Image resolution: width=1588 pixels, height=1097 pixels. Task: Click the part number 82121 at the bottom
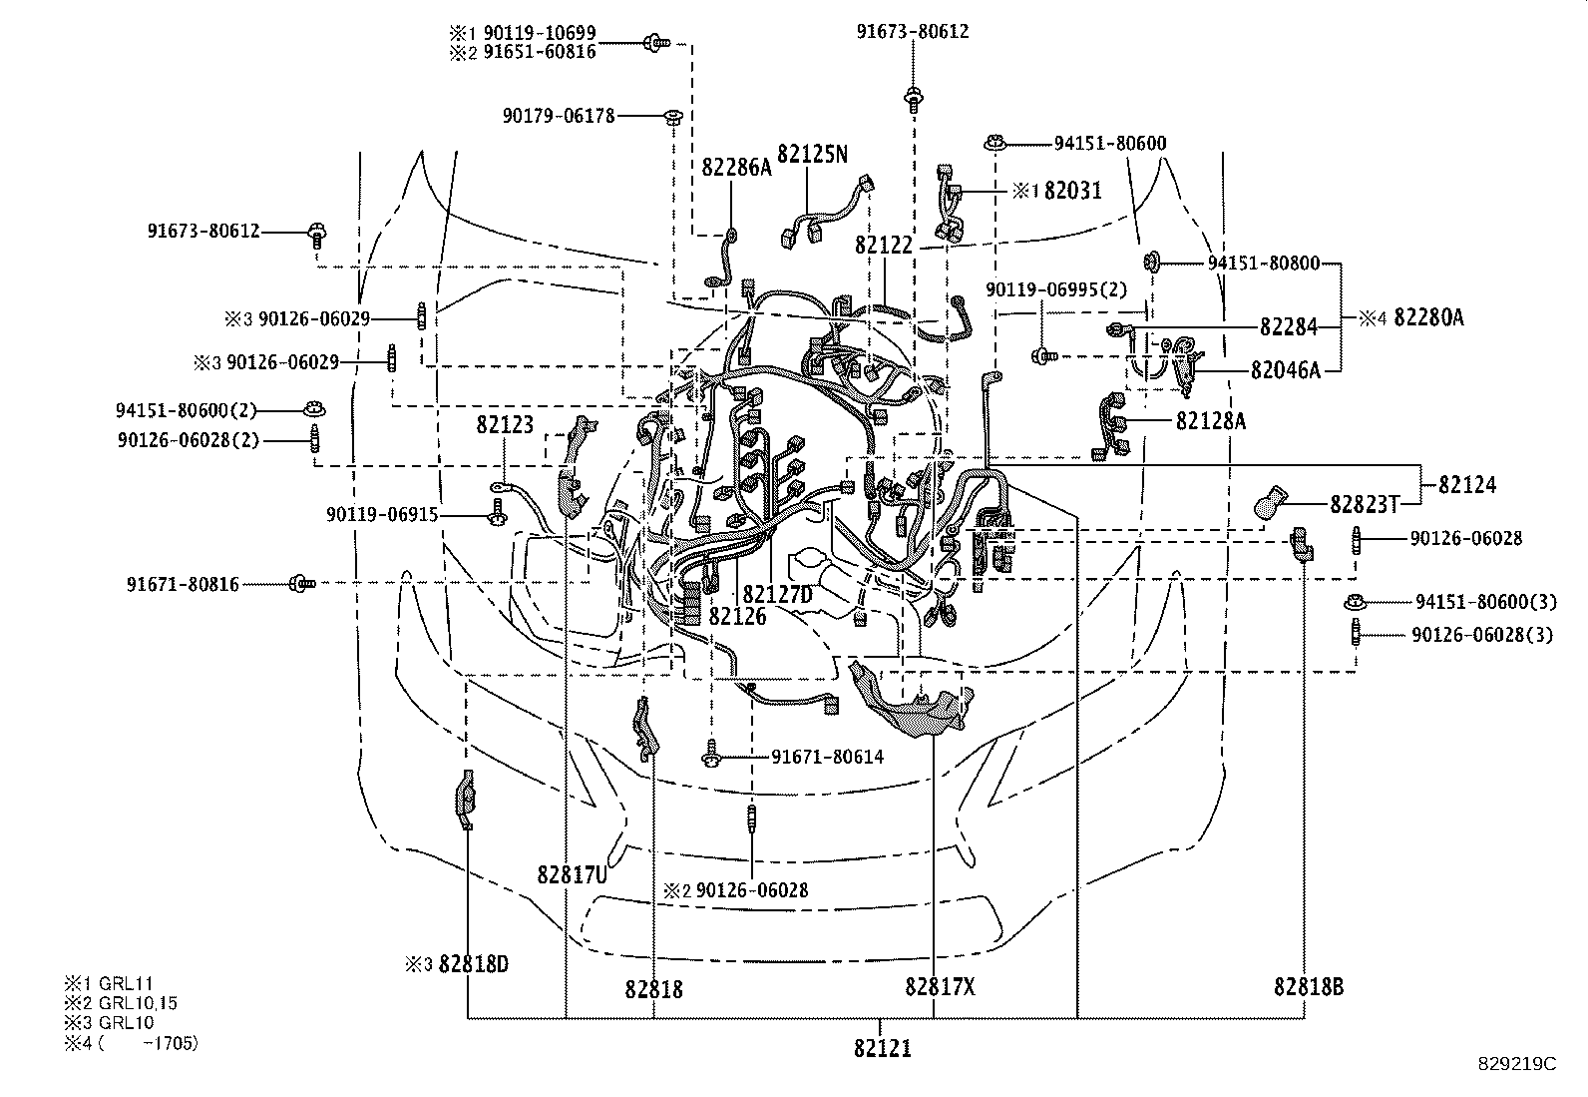tap(882, 1048)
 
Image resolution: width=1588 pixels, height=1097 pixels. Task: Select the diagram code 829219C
tap(1516, 1064)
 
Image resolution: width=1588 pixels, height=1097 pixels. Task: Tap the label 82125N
tap(812, 154)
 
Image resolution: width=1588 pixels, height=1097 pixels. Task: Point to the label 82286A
tap(736, 168)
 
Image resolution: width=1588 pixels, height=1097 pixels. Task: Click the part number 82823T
tap(1365, 504)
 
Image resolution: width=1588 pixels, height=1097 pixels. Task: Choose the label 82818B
tap(1308, 987)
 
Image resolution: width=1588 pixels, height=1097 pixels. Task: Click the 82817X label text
tap(940, 987)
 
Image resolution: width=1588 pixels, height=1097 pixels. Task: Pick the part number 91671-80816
tap(183, 585)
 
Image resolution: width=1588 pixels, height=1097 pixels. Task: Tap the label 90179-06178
tap(559, 116)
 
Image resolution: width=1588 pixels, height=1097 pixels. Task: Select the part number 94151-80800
tap(1264, 264)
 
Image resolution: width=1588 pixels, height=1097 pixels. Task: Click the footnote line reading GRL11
tap(109, 983)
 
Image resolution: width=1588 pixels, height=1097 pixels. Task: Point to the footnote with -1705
tap(131, 1043)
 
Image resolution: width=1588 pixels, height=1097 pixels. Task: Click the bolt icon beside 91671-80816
tap(301, 584)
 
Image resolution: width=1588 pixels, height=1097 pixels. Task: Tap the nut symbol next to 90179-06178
tap(672, 117)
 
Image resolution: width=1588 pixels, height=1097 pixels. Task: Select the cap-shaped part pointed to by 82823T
tap(1271, 502)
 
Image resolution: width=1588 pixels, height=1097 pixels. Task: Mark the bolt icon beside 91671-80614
tap(711, 753)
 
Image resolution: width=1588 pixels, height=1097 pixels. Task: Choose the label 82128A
tap(1210, 421)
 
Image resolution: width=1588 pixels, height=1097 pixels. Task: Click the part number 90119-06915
tap(382, 514)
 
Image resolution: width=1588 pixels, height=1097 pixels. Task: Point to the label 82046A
tap(1286, 370)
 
